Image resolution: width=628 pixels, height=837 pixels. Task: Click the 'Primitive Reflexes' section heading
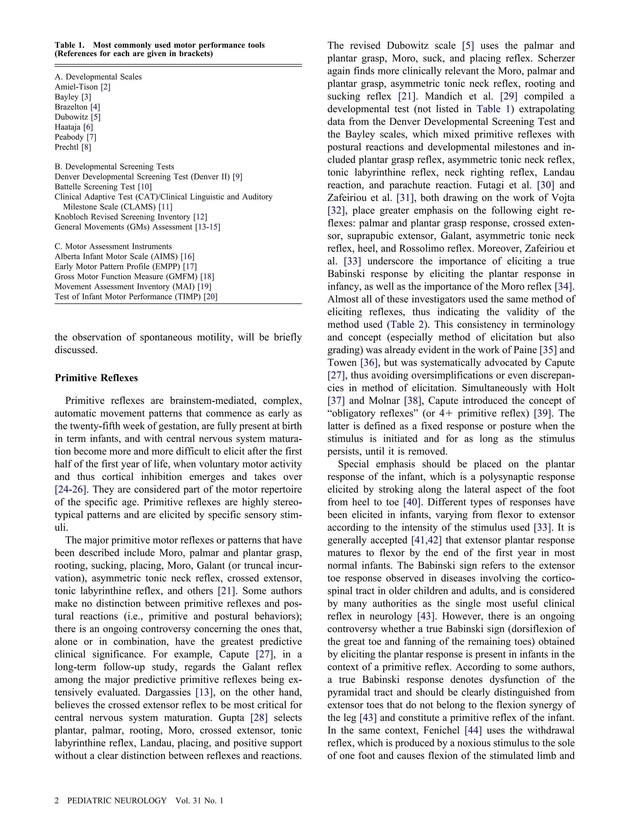point(96,378)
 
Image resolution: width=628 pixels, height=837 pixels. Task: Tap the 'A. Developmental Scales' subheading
point(98,77)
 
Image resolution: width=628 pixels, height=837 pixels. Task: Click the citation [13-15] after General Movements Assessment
point(207,227)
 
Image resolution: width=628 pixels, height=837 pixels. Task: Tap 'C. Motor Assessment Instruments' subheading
point(113,247)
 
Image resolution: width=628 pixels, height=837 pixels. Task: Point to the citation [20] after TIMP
point(210,297)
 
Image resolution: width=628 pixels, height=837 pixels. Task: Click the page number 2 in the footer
point(57,801)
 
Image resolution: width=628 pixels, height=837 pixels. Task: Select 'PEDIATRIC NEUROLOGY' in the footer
point(117,801)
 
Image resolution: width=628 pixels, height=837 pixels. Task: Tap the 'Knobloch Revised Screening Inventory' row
point(122,217)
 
